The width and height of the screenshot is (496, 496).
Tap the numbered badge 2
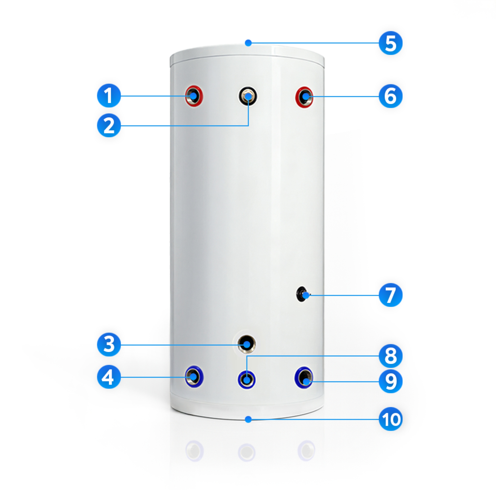pos(109,126)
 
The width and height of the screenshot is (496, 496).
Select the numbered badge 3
pos(109,344)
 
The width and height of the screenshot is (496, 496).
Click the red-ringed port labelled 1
pos(194,96)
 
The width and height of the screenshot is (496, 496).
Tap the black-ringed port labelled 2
pos(248,96)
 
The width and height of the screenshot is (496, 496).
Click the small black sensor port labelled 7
pos(302,294)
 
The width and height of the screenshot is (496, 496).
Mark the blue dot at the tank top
pos(248,43)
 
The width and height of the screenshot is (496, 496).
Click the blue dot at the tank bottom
pos(248,419)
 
